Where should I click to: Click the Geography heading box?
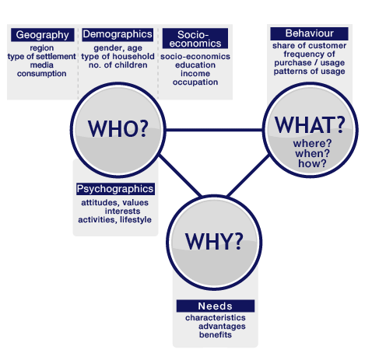pos(43,35)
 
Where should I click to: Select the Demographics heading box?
pos(118,34)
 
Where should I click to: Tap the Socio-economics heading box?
pos(195,38)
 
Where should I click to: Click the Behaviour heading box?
pos(309,33)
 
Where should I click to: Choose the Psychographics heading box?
pos(115,189)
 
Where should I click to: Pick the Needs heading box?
pos(216,306)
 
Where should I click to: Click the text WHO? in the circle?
pos(118,128)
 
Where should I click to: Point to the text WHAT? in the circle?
pos(310,124)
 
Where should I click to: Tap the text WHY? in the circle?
pos(214,241)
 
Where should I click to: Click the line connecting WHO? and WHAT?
pos(214,130)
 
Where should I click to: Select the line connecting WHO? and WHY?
pos(181,176)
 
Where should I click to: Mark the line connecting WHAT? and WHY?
pos(248,176)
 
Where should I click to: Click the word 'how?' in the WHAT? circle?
pos(312,163)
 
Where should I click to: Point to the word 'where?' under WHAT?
pos(312,143)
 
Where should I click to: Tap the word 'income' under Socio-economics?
pos(195,74)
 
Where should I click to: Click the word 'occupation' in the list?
pos(195,82)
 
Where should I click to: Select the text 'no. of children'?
pos(118,65)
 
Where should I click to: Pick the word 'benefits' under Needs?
pos(216,335)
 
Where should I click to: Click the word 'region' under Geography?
pos(42,48)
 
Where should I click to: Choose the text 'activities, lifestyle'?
pos(114,220)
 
